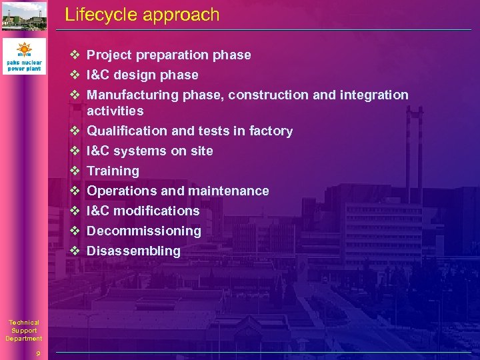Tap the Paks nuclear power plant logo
tap(24, 56)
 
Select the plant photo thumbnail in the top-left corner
tap(24, 17)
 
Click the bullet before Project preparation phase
tap(75, 55)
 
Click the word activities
tap(115, 111)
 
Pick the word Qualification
tap(124, 131)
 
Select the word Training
tap(113, 171)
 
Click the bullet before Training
tap(75, 171)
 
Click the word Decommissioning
tap(143, 231)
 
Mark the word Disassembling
tap(133, 251)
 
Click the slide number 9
tap(39, 353)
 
